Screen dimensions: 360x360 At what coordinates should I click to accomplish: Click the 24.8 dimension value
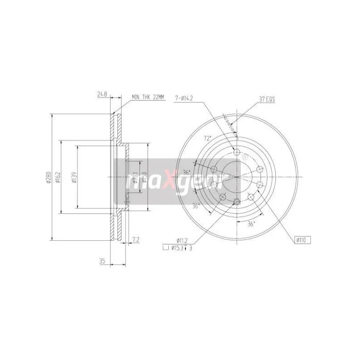point(102,94)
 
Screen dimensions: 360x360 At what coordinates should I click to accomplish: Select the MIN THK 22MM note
point(148,97)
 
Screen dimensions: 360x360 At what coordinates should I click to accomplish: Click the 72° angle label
point(207,139)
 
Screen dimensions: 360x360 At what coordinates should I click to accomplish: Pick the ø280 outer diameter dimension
point(46,177)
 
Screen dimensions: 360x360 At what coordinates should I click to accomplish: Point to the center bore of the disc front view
point(237,176)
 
